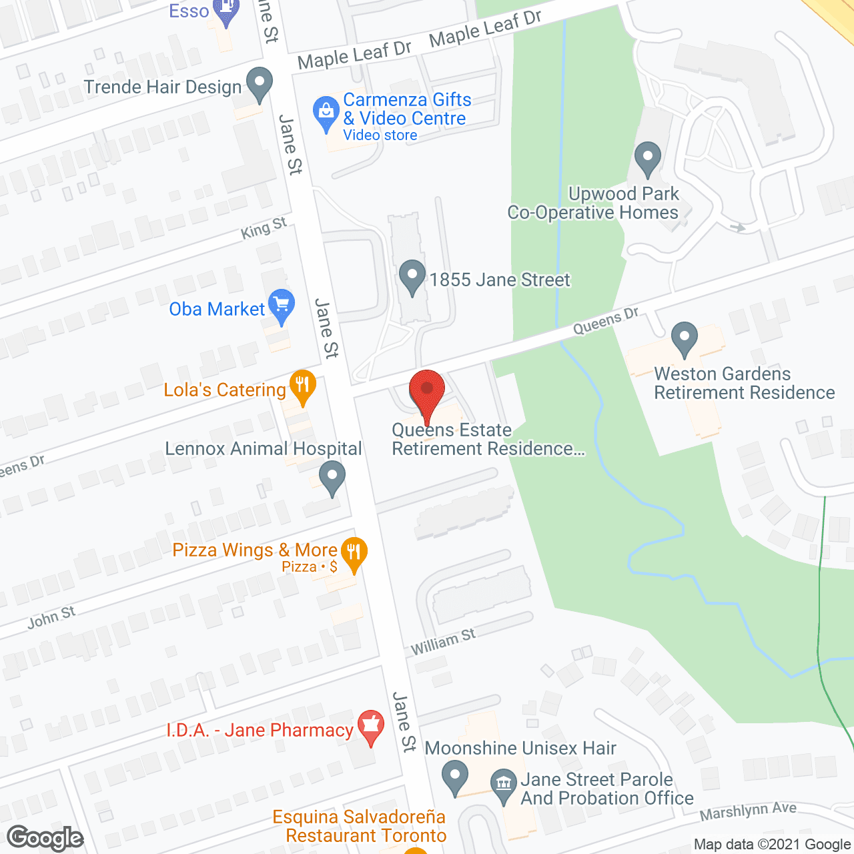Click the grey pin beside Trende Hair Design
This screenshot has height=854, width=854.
click(x=260, y=84)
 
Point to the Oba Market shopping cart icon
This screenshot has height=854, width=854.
click(x=281, y=306)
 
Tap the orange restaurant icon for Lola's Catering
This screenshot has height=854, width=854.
click(x=302, y=386)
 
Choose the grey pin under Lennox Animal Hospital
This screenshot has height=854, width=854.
click(x=332, y=478)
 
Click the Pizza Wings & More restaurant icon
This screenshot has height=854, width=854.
click(x=354, y=553)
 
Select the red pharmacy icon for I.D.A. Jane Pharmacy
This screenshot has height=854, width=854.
click(x=370, y=727)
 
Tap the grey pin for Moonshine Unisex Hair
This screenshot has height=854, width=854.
click(x=455, y=776)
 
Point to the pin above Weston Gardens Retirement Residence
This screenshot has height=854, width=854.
click(x=684, y=338)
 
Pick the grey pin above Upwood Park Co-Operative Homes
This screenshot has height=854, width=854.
click(x=647, y=158)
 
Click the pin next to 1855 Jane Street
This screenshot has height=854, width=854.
click(x=412, y=276)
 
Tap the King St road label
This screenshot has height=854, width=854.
click(x=264, y=229)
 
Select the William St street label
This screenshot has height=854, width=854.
click(x=443, y=642)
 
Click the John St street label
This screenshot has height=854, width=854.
click(x=51, y=618)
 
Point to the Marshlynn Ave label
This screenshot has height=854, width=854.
click(x=748, y=811)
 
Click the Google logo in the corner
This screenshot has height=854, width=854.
click(x=45, y=838)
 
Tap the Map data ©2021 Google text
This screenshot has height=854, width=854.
click(x=772, y=844)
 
